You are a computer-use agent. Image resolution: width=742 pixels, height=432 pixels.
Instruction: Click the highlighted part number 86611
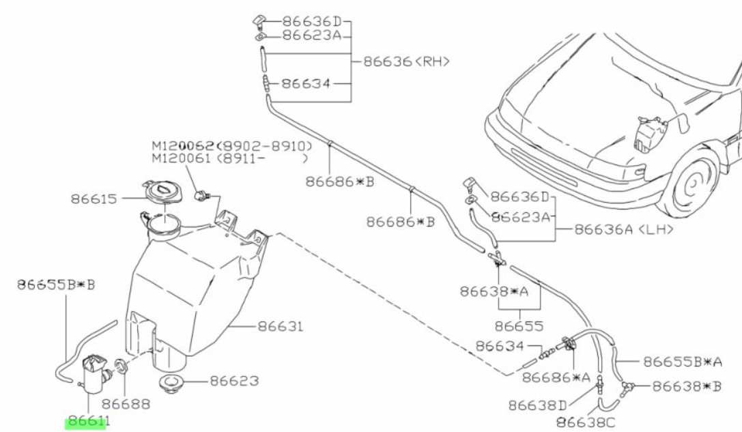coord(87,422)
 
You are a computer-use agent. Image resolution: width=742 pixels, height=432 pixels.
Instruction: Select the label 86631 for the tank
coord(279,327)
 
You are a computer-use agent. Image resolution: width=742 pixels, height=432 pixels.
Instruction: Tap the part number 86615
coord(94,199)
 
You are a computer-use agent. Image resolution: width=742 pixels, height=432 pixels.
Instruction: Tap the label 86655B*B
coord(56,284)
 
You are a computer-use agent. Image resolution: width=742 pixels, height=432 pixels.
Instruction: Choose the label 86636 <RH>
coord(406,61)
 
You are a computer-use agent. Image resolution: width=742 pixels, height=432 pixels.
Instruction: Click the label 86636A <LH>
coord(624,230)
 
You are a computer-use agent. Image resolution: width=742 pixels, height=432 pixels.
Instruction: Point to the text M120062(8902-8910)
coord(231,146)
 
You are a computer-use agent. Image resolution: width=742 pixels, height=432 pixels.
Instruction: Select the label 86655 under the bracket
coord(519,326)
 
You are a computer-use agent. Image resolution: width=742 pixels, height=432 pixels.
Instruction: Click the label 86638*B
coord(686,386)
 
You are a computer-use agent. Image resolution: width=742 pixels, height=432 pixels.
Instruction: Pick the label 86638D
coord(537,405)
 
